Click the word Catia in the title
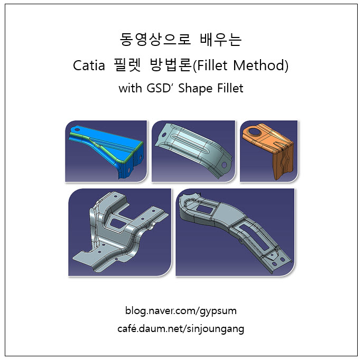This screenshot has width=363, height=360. point(89,65)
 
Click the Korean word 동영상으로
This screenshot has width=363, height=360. point(155,39)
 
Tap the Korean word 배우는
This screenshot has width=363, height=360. point(221,39)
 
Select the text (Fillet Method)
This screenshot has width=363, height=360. point(240,65)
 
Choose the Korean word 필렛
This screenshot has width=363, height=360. point(127,65)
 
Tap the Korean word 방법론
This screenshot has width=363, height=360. point(171,65)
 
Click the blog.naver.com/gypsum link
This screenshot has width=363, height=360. point(181,311)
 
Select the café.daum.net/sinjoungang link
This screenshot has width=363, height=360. point(181,329)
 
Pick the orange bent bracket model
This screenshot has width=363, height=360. point(268,151)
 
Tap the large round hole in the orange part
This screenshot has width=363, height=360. point(255,132)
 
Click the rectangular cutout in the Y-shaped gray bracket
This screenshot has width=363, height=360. point(118,222)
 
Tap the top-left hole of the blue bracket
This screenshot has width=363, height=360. point(77,129)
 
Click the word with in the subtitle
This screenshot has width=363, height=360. point(131,88)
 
